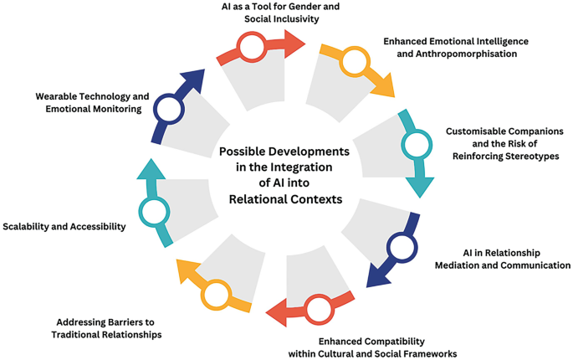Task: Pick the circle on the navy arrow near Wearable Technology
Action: click(x=169, y=109)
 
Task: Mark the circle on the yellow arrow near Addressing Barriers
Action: click(x=215, y=294)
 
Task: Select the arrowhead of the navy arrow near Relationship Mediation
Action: click(x=377, y=275)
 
